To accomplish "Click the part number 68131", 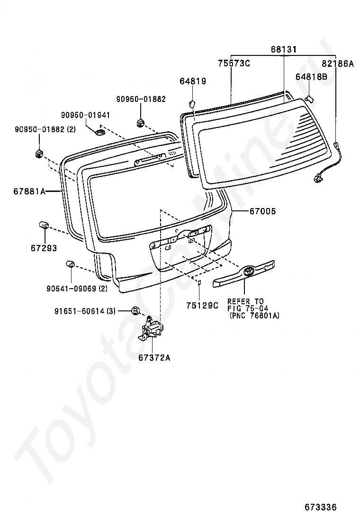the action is [283, 49].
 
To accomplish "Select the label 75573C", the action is [234, 63].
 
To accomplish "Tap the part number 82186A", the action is [338, 63].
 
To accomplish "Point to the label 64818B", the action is [312, 76].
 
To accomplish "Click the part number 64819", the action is [193, 81].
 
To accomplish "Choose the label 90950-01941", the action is [85, 115].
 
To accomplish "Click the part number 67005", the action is [262, 211].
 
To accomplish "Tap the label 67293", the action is [44, 247].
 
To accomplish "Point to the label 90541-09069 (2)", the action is [77, 288].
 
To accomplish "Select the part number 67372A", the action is [154, 358].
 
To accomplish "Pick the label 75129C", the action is [202, 306].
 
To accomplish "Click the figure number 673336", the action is [320, 507].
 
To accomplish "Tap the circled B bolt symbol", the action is [135, 311].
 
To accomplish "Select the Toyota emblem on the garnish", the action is [249, 272].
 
